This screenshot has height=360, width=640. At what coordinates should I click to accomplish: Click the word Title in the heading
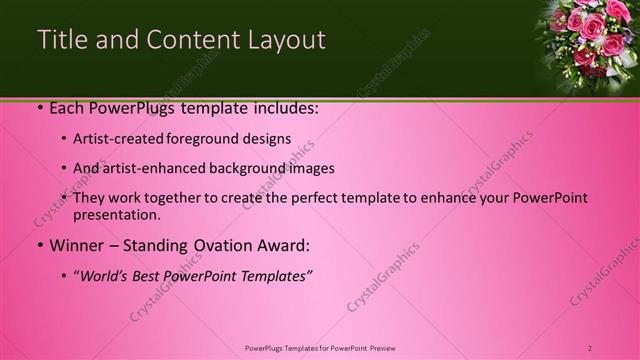(61, 40)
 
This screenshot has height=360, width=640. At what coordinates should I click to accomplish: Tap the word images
(309, 169)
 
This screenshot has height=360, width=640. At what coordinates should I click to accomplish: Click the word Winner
(77, 245)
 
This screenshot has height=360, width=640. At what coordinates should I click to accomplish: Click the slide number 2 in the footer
(590, 348)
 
